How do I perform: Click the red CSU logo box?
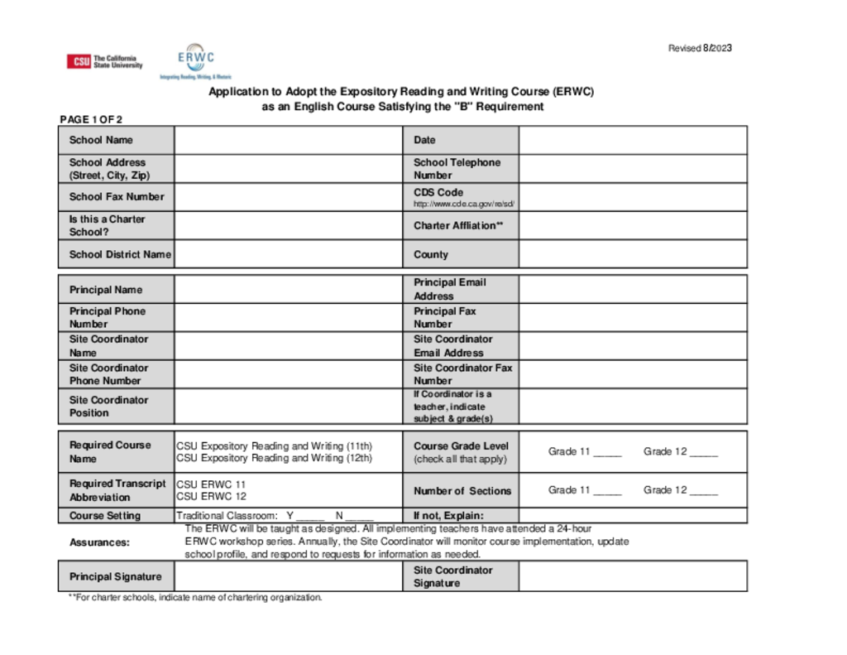click(x=79, y=61)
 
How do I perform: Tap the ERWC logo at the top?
click(x=196, y=58)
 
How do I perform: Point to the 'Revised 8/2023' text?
click(x=700, y=48)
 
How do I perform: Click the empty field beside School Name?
click(x=288, y=140)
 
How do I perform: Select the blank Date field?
click(x=633, y=140)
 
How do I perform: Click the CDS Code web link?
click(x=464, y=204)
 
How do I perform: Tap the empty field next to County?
click(x=633, y=254)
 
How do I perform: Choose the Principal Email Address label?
click(x=450, y=289)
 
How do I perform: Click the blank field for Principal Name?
click(x=288, y=290)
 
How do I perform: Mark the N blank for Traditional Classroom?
click(x=360, y=516)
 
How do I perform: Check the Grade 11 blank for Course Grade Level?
click(x=607, y=452)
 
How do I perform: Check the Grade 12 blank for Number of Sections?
click(x=704, y=490)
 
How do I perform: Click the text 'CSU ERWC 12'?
click(x=211, y=497)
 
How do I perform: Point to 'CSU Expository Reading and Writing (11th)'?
click(x=274, y=445)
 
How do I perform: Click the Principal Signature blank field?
click(x=288, y=576)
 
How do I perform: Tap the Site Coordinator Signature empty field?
click(x=633, y=576)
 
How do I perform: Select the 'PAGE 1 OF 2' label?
click(x=91, y=119)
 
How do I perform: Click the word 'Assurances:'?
click(x=99, y=542)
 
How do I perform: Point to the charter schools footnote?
click(x=195, y=597)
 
